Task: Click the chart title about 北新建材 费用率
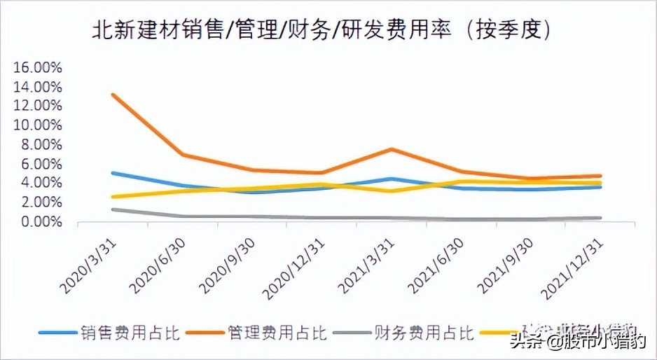[x=321, y=29]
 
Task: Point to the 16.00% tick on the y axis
[x=38, y=68]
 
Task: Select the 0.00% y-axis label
[x=41, y=221]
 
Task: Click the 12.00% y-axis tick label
[x=38, y=106]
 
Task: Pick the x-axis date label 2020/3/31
[x=87, y=263]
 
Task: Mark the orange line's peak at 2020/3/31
[x=113, y=95]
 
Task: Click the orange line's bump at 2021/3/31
[x=392, y=149]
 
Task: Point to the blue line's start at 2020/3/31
[x=113, y=172]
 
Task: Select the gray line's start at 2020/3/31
[x=113, y=209]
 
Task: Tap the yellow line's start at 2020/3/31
[x=113, y=197]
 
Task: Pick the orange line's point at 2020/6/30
[x=183, y=154]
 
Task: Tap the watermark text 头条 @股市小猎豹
[x=577, y=342]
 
